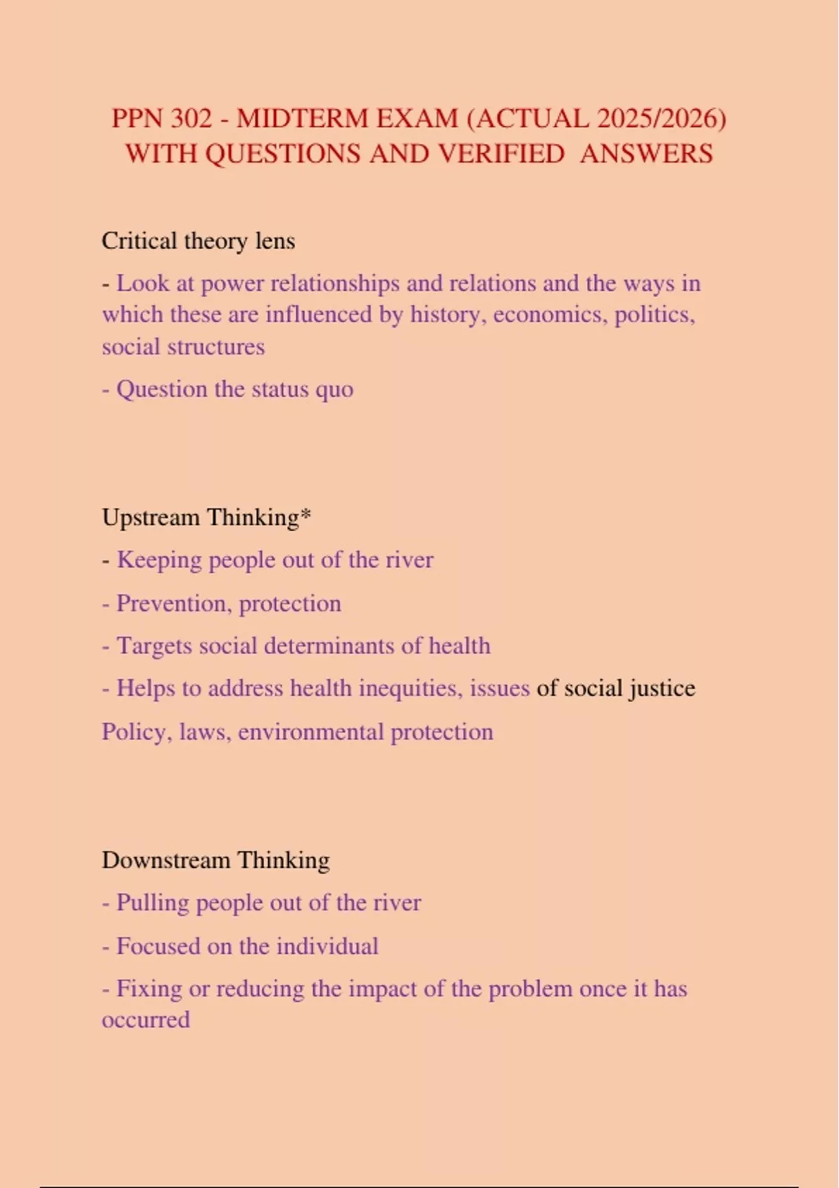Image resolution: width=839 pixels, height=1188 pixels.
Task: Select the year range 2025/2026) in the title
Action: click(661, 118)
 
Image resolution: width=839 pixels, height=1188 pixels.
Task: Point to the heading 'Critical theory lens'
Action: click(199, 241)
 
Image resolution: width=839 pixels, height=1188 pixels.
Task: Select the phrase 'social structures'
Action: click(183, 347)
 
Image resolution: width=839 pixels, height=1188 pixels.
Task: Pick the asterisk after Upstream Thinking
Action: click(306, 516)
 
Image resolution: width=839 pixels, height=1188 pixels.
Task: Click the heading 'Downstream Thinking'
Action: click(215, 860)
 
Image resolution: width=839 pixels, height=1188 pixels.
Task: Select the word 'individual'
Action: click(327, 946)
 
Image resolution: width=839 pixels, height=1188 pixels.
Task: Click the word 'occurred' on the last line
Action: click(145, 1020)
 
